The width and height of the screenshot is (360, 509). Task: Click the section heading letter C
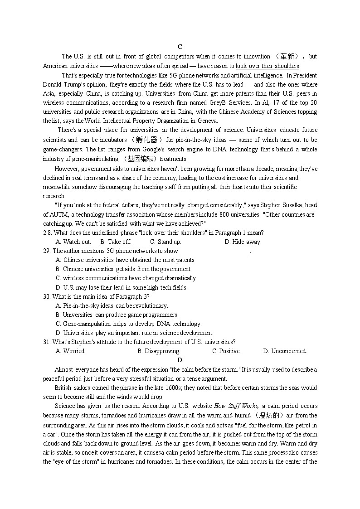pyautogui.click(x=180, y=47)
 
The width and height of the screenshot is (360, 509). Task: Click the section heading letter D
pyautogui.click(x=180, y=360)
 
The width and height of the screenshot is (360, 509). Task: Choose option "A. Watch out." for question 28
pyautogui.click(x=73, y=242)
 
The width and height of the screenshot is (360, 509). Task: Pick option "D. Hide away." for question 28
pyautogui.click(x=243, y=242)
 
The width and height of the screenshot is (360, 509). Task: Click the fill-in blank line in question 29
pyautogui.click(x=215, y=251)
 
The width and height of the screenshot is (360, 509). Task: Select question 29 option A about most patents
pyautogui.click(x=125, y=260)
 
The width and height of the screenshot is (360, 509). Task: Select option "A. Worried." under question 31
pyautogui.click(x=70, y=351)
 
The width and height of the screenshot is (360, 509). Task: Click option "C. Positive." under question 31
pyautogui.click(x=226, y=351)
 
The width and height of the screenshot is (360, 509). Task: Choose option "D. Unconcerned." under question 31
pyautogui.click(x=285, y=351)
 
